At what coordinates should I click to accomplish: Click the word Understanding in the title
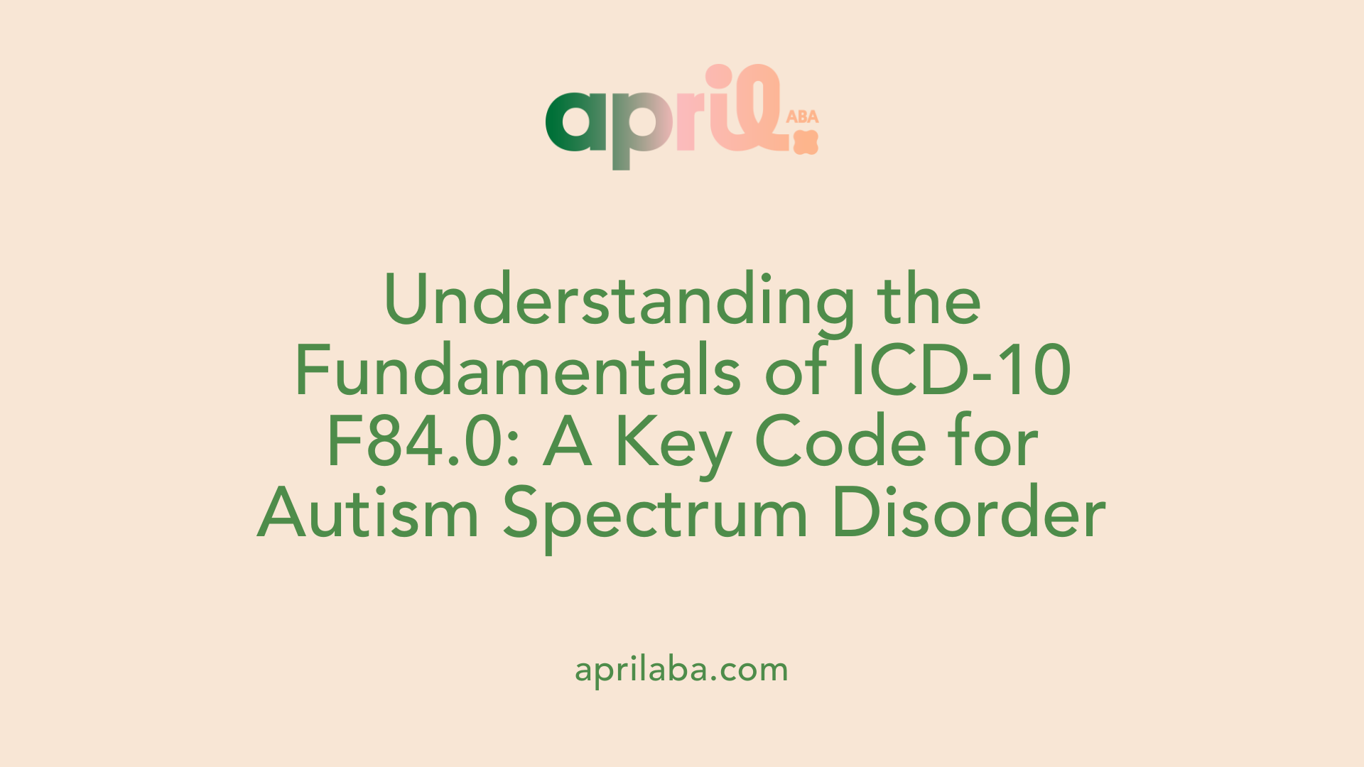pos(619,300)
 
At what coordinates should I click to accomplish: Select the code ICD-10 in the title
pos(960,370)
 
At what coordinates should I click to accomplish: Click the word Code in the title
pos(841,441)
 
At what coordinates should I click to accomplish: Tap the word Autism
pos(368,512)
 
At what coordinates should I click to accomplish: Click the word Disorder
pos(969,512)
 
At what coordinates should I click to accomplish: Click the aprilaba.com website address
pos(681,670)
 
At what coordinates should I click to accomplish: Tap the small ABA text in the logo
pos(803,116)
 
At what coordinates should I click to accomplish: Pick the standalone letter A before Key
pos(568,442)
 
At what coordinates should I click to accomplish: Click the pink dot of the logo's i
pos(719,77)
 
